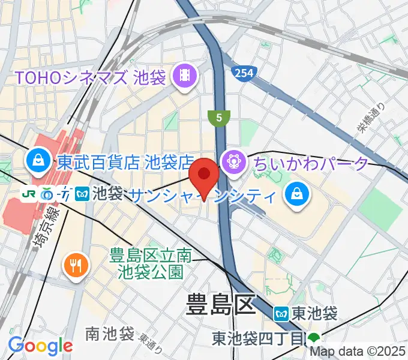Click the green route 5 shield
point(219,118)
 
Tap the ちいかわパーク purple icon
point(232,162)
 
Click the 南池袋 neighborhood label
point(109,334)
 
